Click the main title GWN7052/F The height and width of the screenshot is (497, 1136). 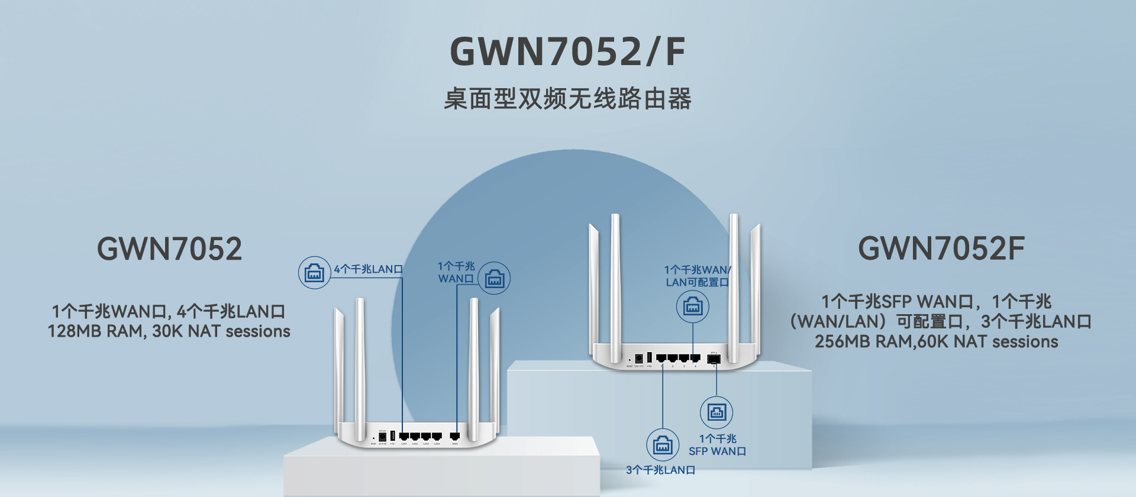[567, 51]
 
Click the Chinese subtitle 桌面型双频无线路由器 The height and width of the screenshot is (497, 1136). [567, 99]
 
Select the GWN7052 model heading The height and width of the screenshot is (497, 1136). [169, 248]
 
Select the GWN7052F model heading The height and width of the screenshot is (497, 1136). [941, 248]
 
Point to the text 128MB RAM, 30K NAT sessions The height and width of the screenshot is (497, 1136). [169, 331]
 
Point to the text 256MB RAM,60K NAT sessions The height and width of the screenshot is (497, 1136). [936, 342]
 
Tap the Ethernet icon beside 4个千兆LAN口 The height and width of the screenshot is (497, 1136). [314, 273]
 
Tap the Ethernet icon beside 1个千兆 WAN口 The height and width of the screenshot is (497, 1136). [494, 279]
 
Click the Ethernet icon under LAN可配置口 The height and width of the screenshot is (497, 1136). [693, 306]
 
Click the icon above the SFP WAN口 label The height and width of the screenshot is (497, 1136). [717, 412]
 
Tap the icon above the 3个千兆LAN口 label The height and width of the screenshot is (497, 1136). [663, 445]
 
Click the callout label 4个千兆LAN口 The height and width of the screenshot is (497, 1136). [368, 269]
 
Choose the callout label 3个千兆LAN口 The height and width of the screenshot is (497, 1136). [660, 470]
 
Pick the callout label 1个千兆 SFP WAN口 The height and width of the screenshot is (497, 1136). [717, 445]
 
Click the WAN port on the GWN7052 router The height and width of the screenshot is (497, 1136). [455, 437]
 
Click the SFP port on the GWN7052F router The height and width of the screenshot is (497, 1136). [714, 359]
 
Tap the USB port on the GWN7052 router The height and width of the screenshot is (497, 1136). [392, 436]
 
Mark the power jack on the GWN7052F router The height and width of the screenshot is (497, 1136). [638, 359]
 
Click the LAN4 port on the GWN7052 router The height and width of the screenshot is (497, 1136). [437, 437]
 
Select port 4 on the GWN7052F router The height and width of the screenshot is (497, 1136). [695, 358]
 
